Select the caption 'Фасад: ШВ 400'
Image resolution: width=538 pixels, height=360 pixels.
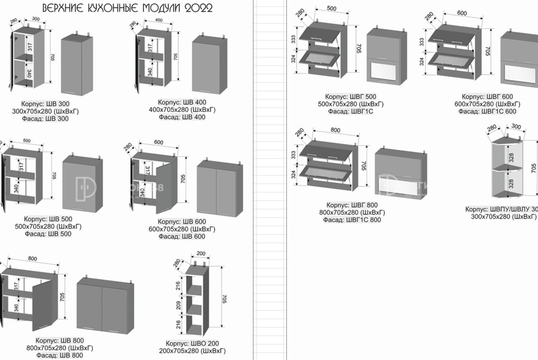[x=182, y=117]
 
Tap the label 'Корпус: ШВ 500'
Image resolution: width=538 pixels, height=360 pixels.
[x=48, y=219]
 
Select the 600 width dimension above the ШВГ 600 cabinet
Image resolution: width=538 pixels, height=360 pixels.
[x=462, y=13]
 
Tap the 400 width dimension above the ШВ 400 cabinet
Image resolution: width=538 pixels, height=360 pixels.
[x=158, y=20]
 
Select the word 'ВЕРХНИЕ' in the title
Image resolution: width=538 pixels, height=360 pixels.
[x=60, y=8]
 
